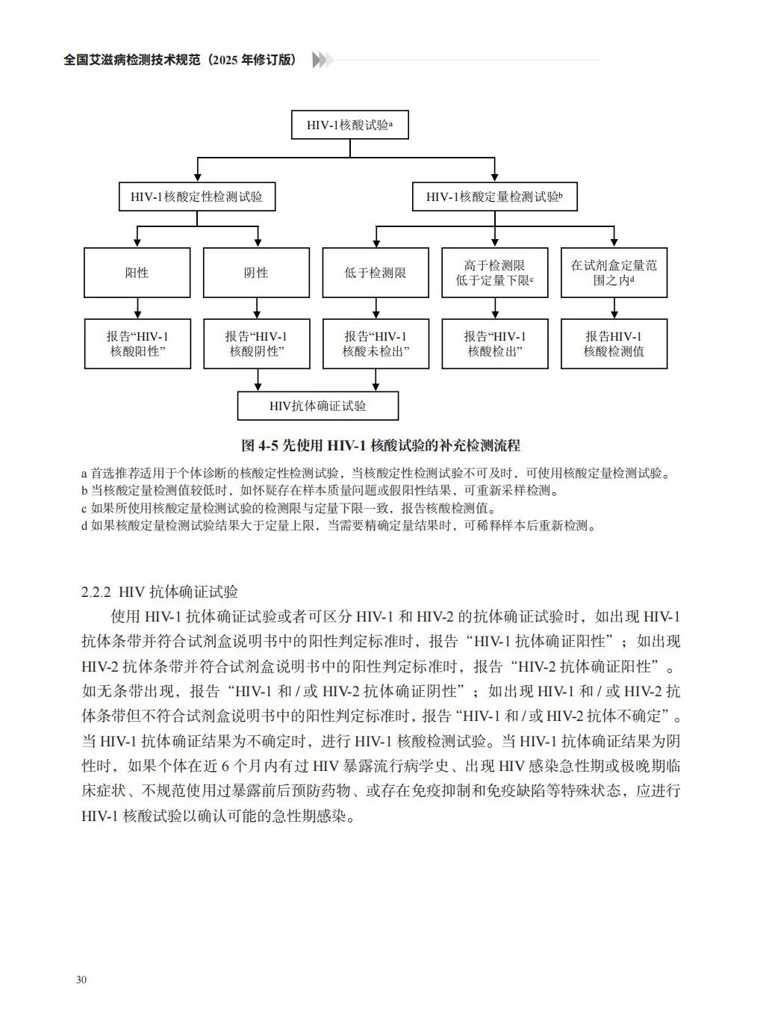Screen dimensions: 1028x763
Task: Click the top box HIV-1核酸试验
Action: tap(349, 125)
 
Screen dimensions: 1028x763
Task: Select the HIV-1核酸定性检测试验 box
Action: tap(196, 197)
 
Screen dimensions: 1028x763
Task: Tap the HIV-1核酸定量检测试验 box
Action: tap(494, 197)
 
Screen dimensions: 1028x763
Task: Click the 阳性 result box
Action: tap(137, 273)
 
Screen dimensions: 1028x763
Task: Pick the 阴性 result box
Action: tap(256, 273)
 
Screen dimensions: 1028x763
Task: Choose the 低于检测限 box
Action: tap(375, 273)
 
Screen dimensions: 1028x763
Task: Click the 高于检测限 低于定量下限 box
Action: tap(494, 273)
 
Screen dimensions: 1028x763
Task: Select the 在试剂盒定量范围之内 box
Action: tap(614, 273)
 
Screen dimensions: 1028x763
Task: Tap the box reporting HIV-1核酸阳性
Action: tap(137, 344)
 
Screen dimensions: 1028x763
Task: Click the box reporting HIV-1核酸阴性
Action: tap(256, 344)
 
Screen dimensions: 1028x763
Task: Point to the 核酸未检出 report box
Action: tap(375, 344)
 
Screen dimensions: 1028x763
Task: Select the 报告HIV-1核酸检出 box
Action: tap(494, 344)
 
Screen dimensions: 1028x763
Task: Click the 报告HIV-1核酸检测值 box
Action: tap(614, 344)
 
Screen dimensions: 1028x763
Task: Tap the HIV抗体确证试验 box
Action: tap(317, 406)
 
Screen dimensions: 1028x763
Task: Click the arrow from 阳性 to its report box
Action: tap(137, 308)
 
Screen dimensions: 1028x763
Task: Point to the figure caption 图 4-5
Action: tap(381, 446)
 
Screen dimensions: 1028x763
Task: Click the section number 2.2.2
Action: tap(96, 592)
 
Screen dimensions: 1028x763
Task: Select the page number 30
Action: tap(81, 979)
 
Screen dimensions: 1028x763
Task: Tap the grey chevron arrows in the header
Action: tap(322, 61)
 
